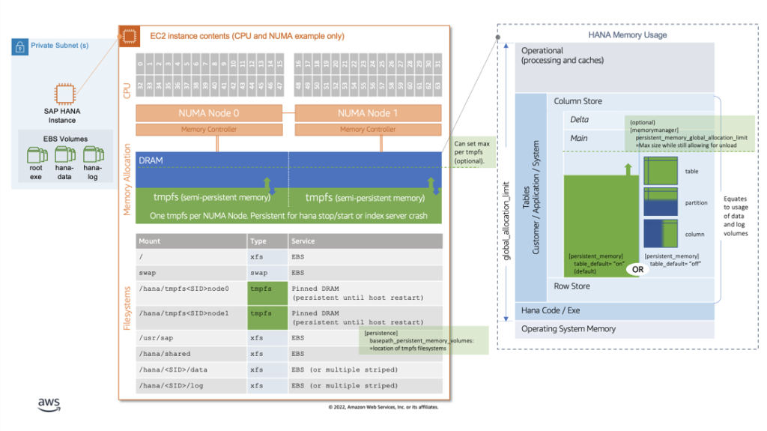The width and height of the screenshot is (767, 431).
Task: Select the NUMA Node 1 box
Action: click(x=368, y=113)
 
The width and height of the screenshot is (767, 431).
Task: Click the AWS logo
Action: click(x=49, y=405)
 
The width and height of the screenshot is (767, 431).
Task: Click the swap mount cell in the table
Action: click(x=191, y=273)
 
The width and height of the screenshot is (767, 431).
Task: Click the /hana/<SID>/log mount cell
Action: click(x=191, y=385)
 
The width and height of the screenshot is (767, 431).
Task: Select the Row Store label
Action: click(x=572, y=286)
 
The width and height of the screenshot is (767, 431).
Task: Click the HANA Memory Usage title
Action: click(x=627, y=35)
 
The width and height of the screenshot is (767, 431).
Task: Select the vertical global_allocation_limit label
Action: click(x=506, y=224)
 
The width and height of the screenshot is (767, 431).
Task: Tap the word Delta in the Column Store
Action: click(x=579, y=120)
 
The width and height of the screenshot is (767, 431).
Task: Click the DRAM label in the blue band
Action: click(x=151, y=160)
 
